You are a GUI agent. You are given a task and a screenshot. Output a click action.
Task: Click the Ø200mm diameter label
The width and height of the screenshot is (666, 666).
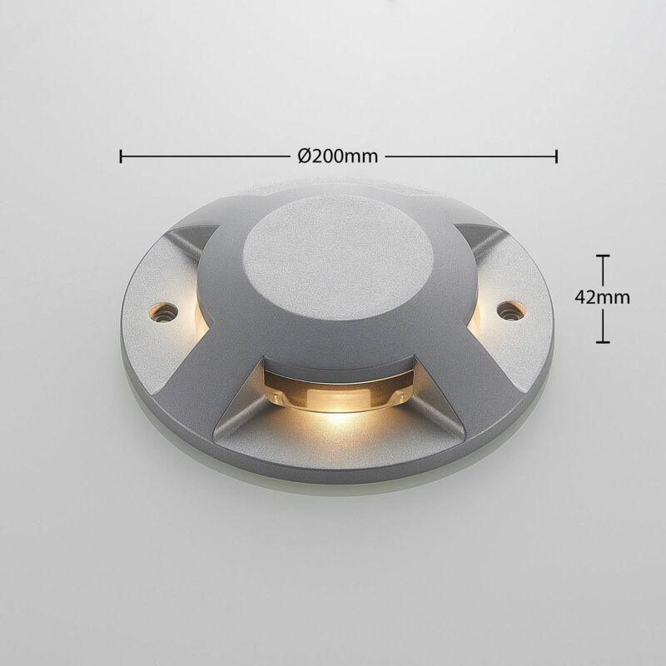(x=337, y=156)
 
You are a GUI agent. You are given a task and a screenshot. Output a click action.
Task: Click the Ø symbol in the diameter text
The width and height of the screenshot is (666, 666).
(x=304, y=156)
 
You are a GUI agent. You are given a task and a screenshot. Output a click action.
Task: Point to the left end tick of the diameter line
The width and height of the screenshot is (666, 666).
(x=122, y=156)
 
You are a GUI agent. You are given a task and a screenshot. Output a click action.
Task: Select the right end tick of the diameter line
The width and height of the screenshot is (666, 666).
(x=556, y=156)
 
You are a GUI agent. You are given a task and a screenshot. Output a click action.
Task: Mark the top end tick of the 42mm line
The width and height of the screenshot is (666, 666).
(x=603, y=256)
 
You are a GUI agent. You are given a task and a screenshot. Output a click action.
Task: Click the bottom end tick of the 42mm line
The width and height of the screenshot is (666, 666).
(x=603, y=341)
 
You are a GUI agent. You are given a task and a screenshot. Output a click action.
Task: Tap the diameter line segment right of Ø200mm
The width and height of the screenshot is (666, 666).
(x=470, y=156)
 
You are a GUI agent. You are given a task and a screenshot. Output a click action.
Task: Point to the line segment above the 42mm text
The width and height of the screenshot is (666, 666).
(x=603, y=271)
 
